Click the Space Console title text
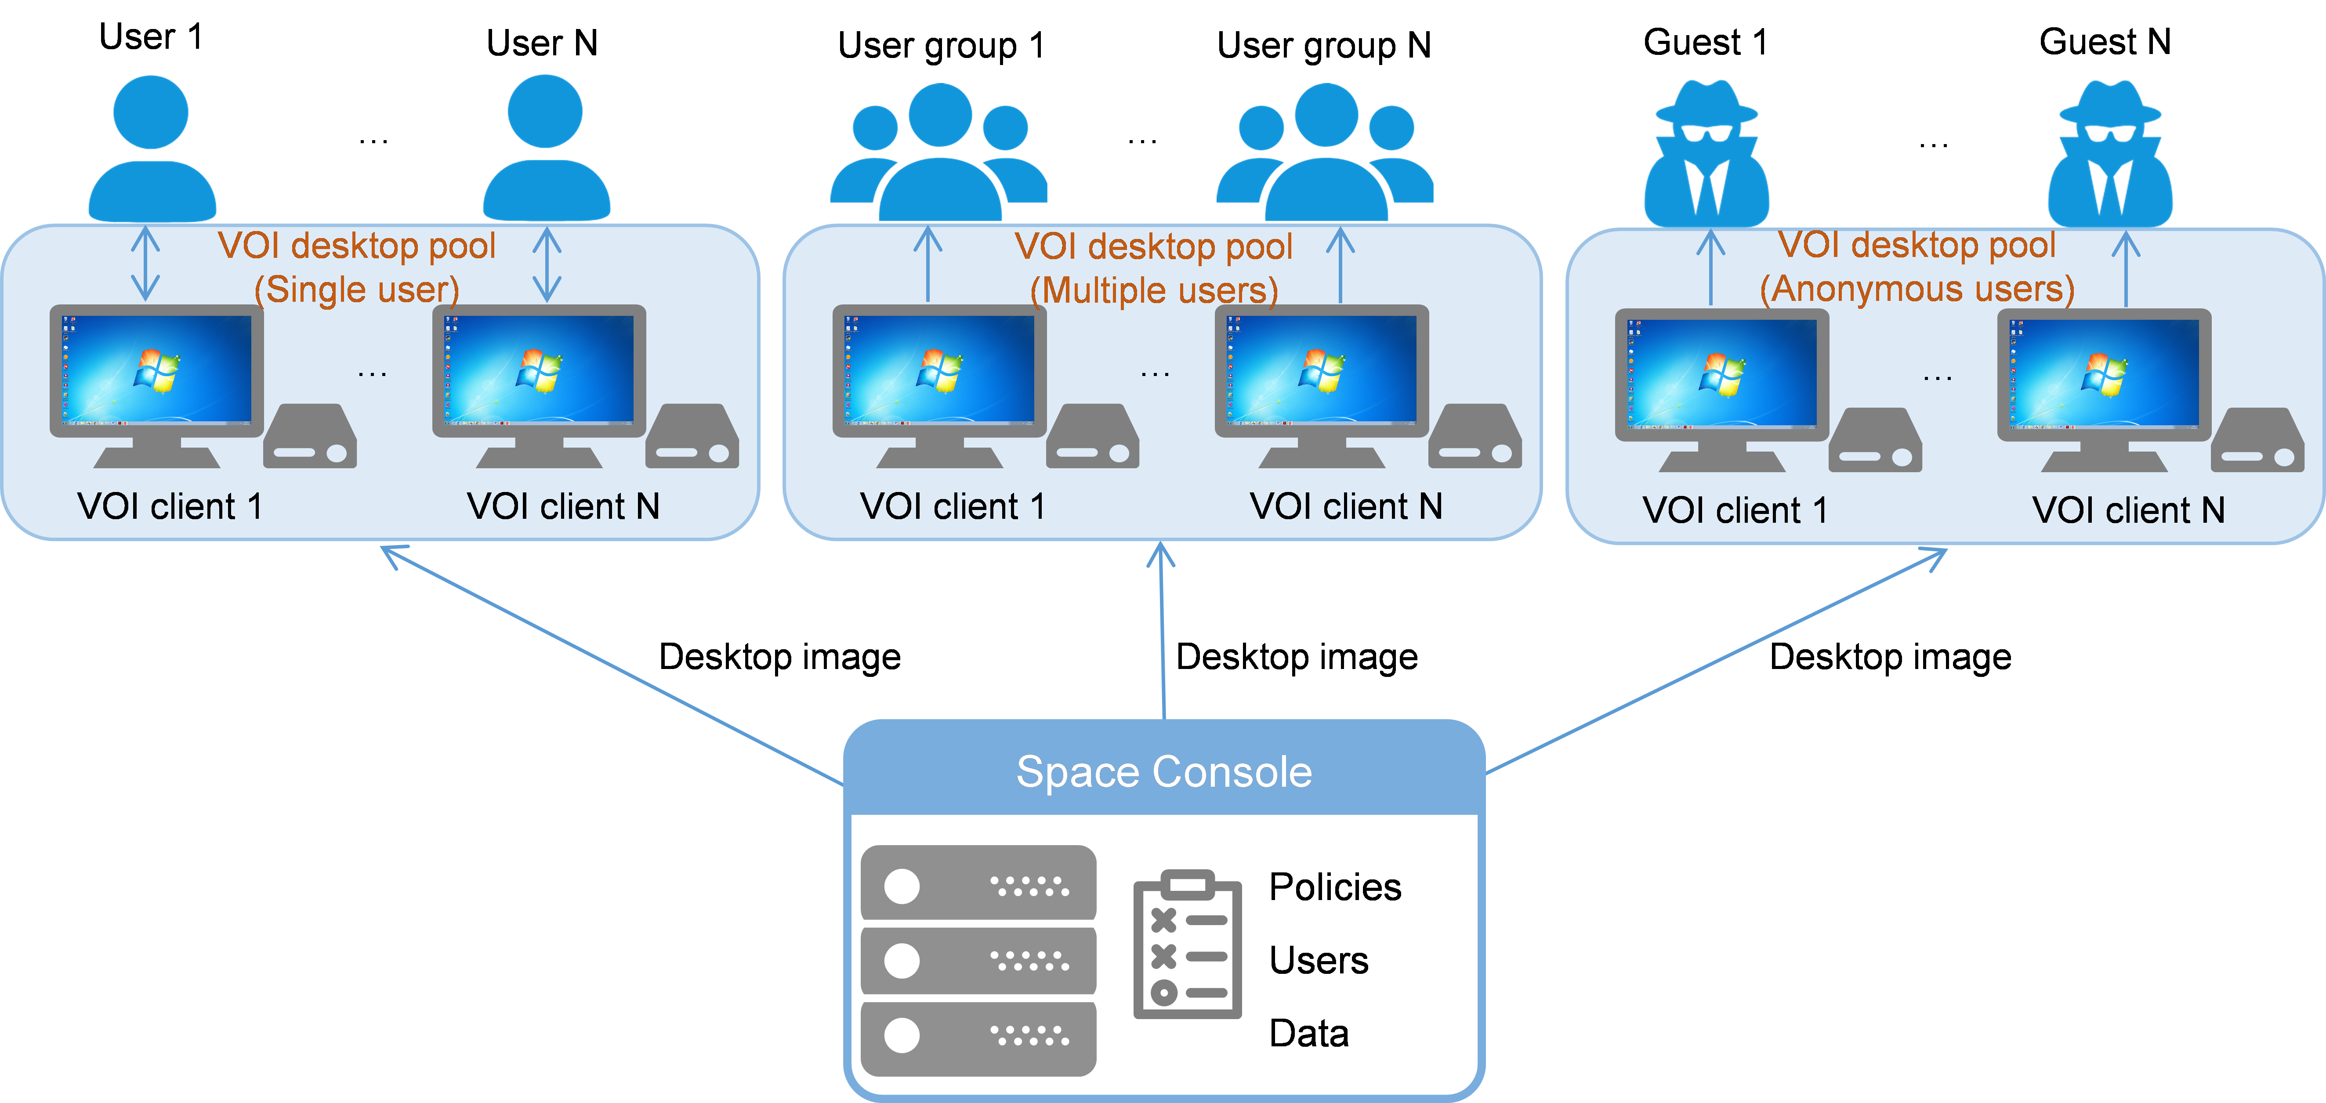1164,773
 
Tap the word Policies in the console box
1334,887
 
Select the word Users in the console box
1318,960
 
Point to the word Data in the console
1308,1034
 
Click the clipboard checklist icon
1187,944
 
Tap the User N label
542,43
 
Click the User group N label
1324,45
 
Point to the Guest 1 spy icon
1706,153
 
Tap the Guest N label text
2105,42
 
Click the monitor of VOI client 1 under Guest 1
1722,390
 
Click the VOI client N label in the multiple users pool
1345,506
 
